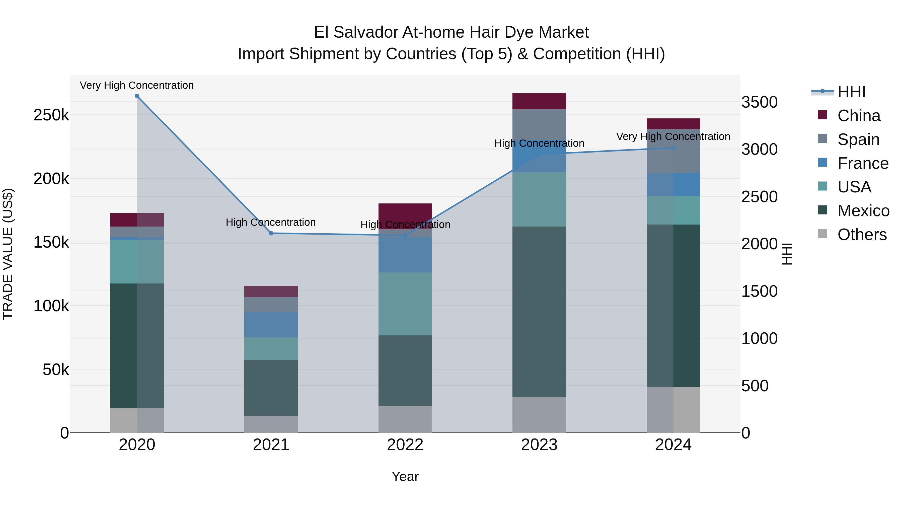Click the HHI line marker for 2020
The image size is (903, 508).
[137, 96]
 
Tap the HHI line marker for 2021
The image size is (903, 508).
[271, 233]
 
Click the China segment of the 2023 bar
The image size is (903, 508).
[539, 101]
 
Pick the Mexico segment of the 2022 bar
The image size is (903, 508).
[405, 370]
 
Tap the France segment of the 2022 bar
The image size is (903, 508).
[405, 255]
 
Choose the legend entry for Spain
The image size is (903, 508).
[858, 139]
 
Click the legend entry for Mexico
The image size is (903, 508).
[863, 211]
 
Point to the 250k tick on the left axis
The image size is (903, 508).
[51, 115]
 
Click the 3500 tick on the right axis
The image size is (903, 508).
[759, 102]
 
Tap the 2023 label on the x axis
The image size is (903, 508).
[539, 445]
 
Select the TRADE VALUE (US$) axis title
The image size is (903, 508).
[8, 254]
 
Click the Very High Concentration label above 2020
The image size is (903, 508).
[137, 85]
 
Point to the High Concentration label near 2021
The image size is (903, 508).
[271, 222]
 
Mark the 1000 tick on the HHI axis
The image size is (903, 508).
[759, 339]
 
